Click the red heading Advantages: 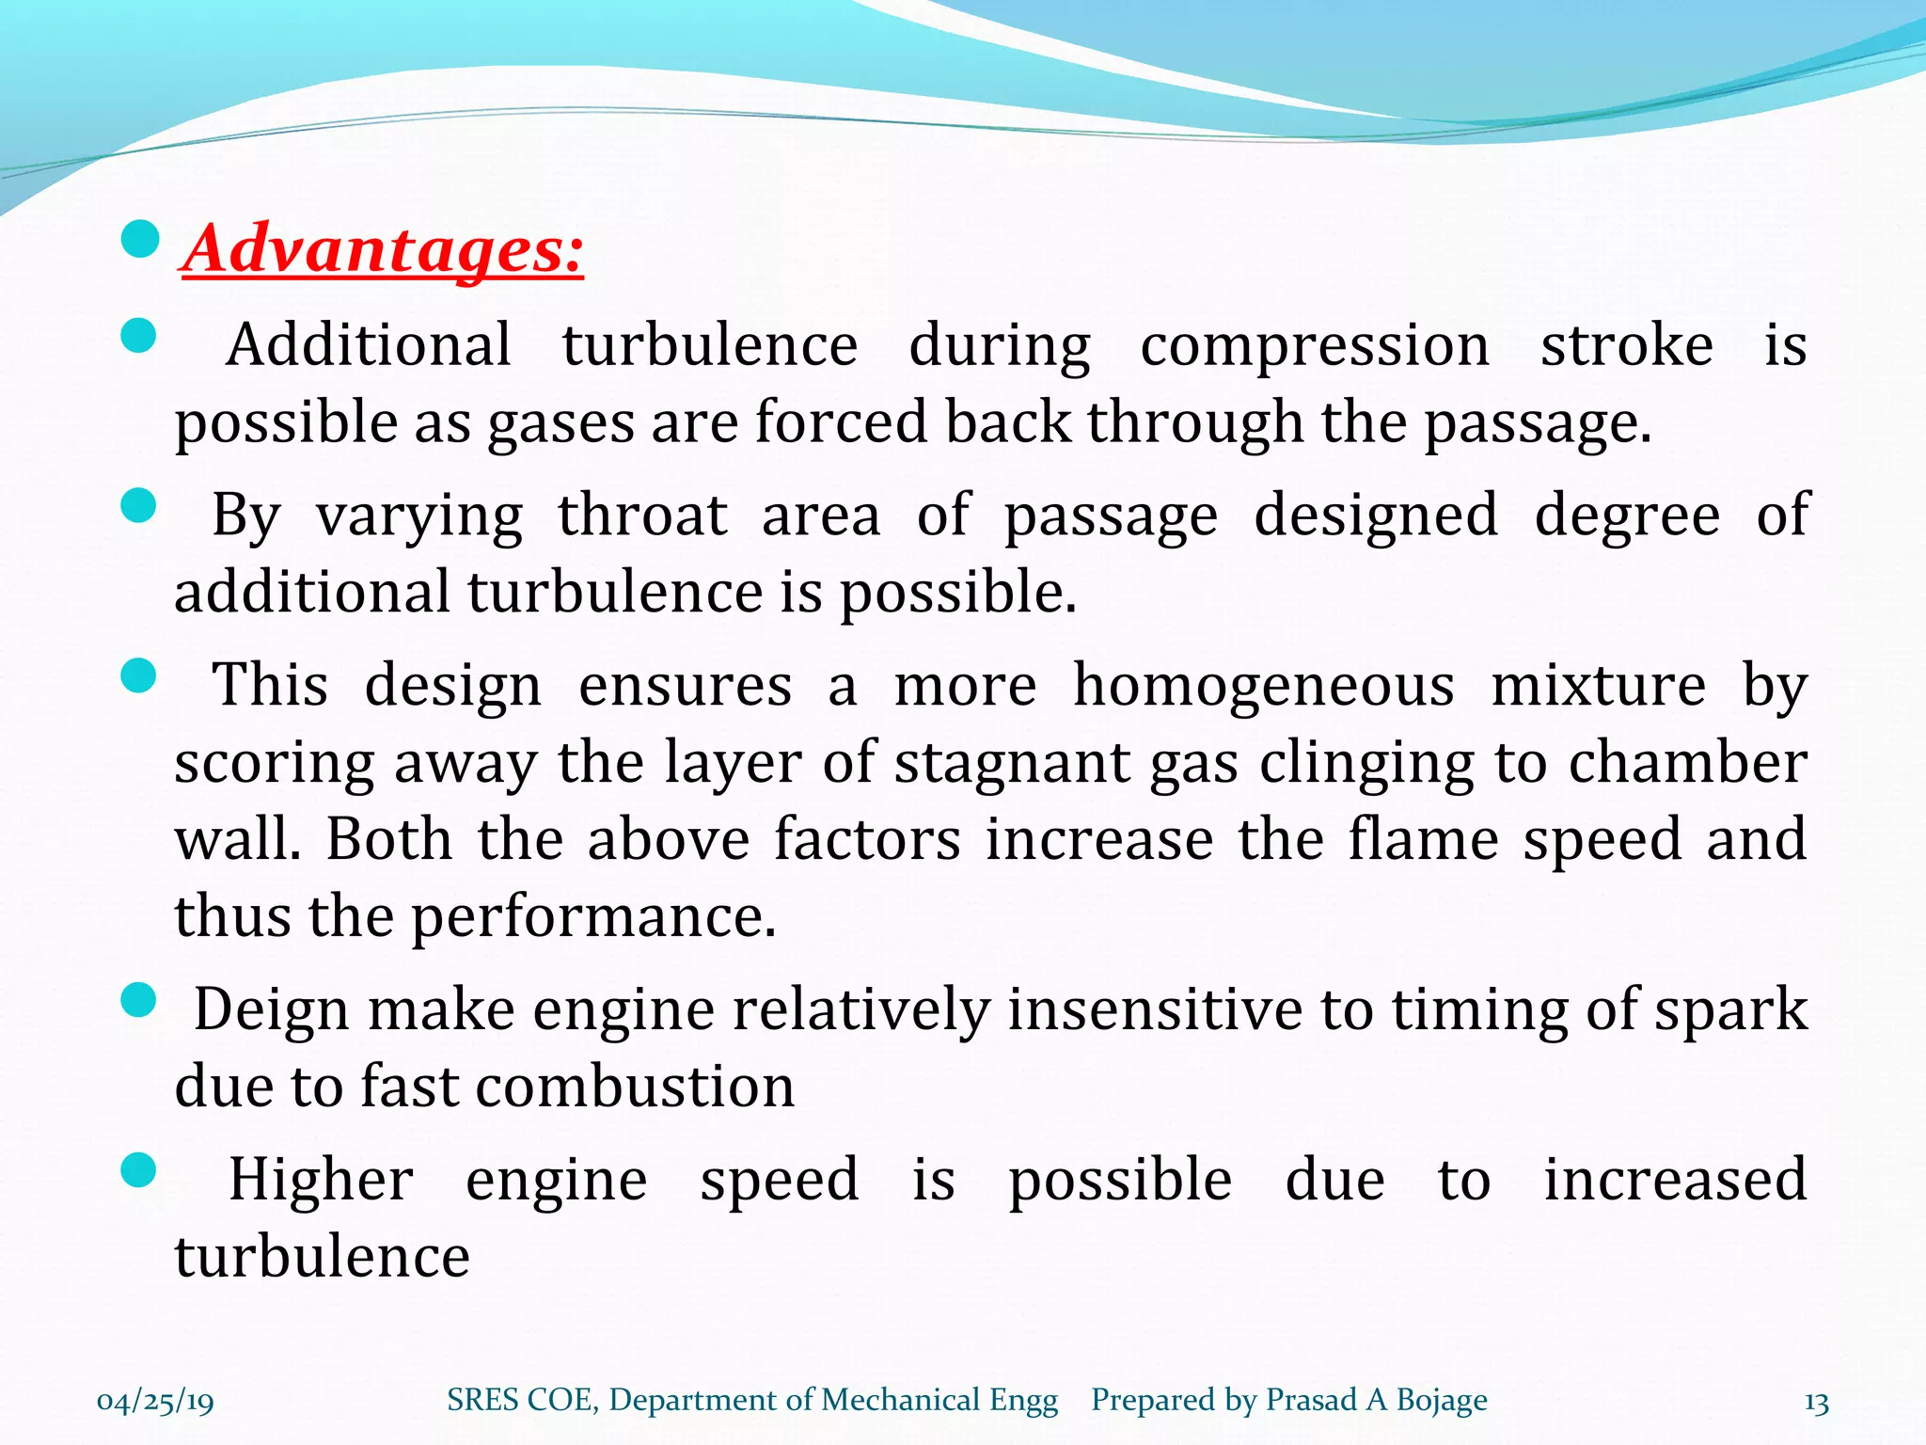383,250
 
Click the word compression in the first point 1315,346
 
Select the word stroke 1626,344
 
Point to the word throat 642,516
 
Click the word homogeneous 1263,685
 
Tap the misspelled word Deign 272,1010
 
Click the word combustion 635,1087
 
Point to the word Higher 321,1180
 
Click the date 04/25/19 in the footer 155,1402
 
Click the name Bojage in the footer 1442,1401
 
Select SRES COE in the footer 520,1400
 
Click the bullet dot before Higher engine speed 139,1171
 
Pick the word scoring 275,763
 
